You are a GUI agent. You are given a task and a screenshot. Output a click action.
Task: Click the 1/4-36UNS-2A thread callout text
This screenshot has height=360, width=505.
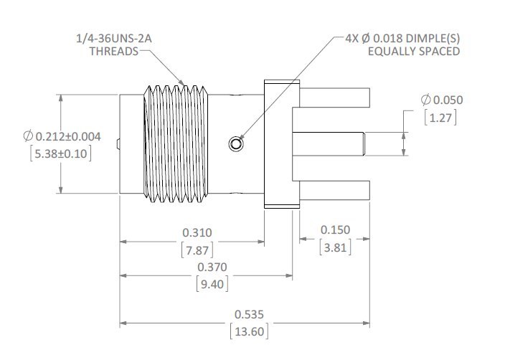118,38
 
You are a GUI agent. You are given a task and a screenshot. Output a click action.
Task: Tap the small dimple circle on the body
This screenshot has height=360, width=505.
235,144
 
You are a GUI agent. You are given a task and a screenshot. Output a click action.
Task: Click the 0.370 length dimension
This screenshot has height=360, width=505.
213,267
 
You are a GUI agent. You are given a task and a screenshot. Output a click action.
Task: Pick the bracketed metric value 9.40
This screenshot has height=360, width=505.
213,283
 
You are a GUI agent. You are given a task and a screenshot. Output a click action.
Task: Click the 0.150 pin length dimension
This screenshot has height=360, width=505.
334,229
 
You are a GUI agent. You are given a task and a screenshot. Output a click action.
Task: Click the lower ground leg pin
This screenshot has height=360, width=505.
334,190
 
